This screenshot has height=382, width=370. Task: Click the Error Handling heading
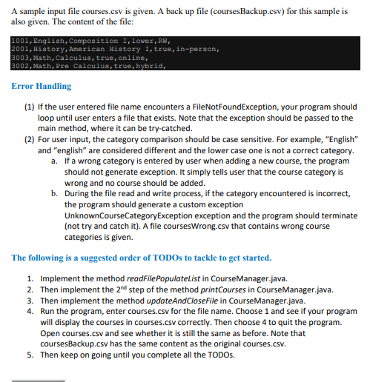pos(42,87)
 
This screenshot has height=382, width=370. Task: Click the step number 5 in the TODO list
pos(30,355)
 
